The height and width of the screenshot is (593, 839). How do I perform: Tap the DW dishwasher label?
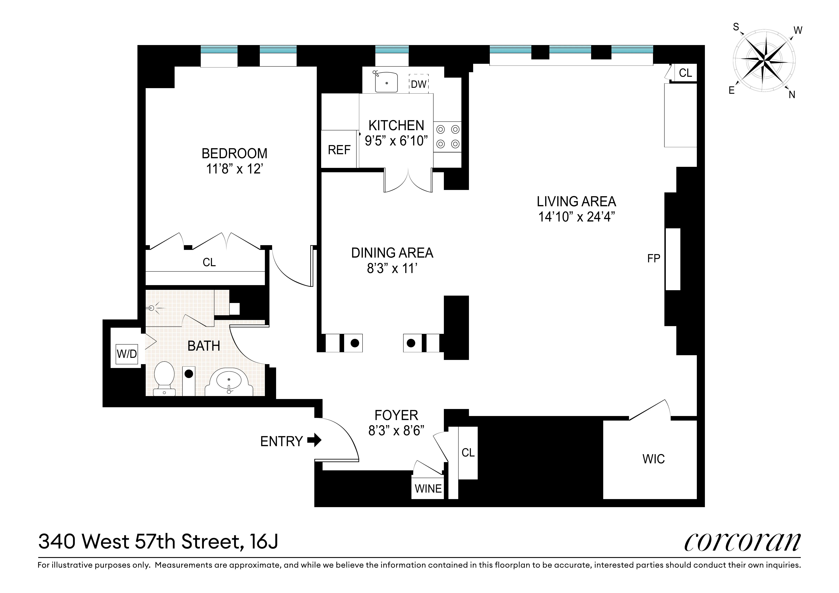pos(418,84)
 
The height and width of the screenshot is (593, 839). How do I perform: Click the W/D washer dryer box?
pos(126,354)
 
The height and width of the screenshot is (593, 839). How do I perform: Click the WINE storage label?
pos(428,489)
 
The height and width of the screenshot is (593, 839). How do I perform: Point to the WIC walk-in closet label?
pos(653,459)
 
